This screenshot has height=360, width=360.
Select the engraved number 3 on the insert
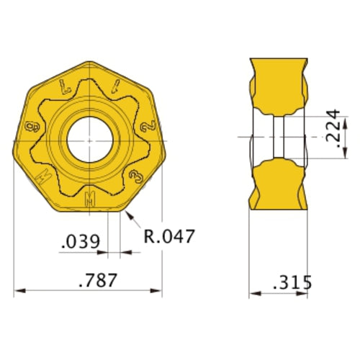point(134,175)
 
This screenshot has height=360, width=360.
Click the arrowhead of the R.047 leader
point(125,213)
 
